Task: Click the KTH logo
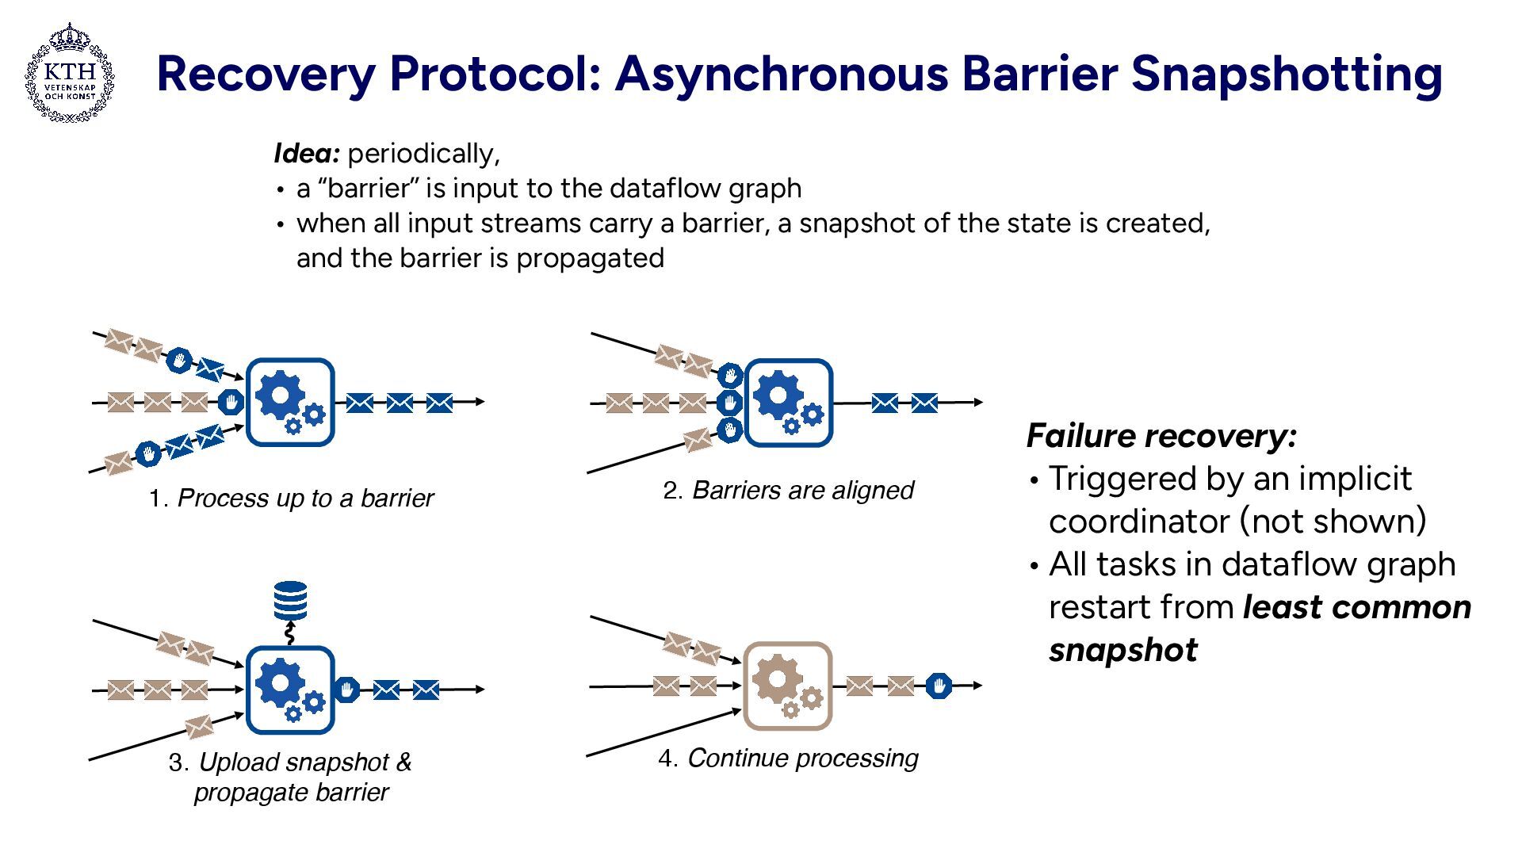[x=70, y=73]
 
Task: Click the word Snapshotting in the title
[x=1286, y=73]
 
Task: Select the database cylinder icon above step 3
[x=290, y=602]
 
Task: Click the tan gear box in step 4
[x=787, y=686]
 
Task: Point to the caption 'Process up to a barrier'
[x=305, y=499]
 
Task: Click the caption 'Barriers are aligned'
[x=803, y=491]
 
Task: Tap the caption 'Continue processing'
[x=802, y=759]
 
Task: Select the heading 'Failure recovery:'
[x=1161, y=436]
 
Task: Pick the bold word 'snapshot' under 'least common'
[x=1122, y=650]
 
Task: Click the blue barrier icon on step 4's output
[x=939, y=686]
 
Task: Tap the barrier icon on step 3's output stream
[x=346, y=690]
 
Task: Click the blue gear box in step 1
[x=290, y=402]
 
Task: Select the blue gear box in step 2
[x=789, y=403]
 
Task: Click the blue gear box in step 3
[x=290, y=690]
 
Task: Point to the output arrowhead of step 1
[x=480, y=402]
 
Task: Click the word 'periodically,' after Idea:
[x=423, y=153]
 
